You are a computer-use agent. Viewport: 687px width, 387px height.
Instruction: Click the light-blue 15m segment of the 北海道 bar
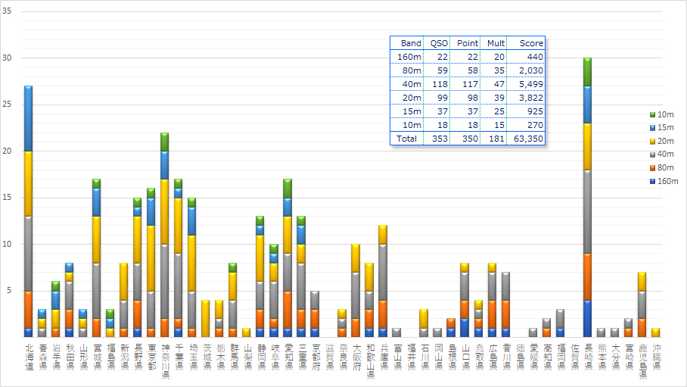pyautogui.click(x=28, y=118)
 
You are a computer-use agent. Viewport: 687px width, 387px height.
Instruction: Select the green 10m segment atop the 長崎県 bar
pyautogui.click(x=588, y=72)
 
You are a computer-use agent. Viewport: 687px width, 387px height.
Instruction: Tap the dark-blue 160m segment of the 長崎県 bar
pyautogui.click(x=588, y=318)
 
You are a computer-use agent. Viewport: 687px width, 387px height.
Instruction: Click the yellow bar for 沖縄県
pyautogui.click(x=655, y=332)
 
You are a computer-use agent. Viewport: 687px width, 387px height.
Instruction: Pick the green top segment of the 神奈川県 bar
pyautogui.click(x=164, y=142)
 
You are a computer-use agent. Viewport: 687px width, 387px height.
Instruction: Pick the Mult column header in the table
pyautogui.click(x=495, y=43)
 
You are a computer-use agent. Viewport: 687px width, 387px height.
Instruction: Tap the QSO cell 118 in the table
pyautogui.click(x=439, y=84)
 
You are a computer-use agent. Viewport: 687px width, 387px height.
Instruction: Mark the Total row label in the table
pyautogui.click(x=409, y=139)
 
